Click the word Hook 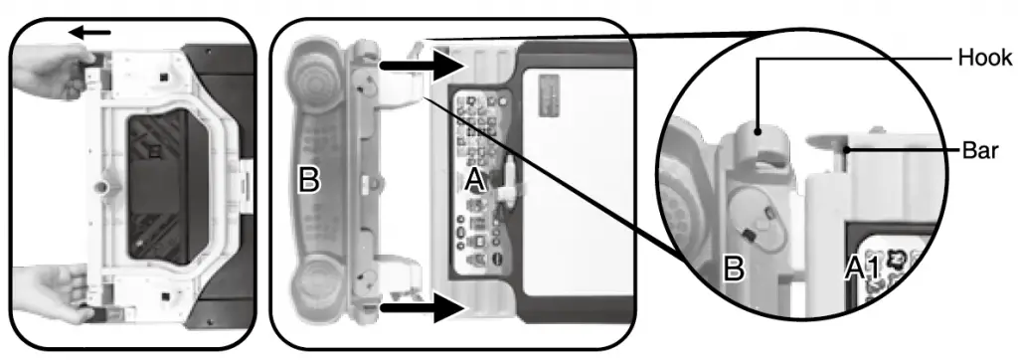coord(984,58)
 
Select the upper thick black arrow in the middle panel coord(423,67)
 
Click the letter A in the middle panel coord(475,180)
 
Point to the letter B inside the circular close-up coord(733,269)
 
